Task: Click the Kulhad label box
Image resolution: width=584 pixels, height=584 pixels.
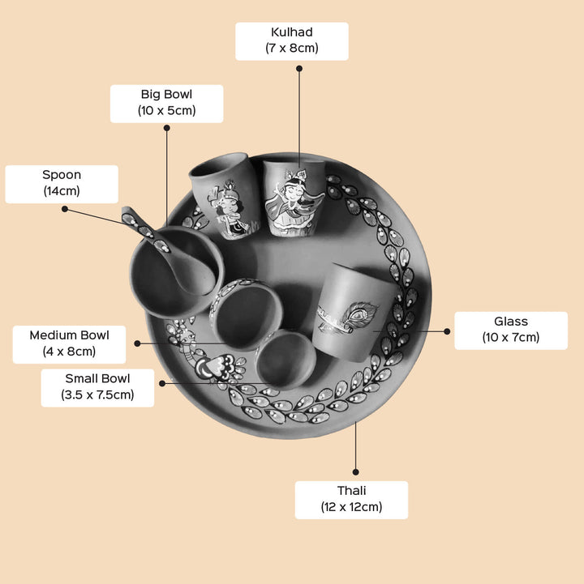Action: (292, 40)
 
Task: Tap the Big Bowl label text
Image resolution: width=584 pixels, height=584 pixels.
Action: (166, 103)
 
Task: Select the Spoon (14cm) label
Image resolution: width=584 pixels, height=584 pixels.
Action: (62, 184)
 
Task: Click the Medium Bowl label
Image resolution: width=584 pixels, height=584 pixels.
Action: (69, 343)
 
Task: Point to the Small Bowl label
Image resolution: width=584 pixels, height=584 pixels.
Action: (97, 387)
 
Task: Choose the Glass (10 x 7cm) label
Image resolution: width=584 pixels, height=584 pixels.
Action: (510, 330)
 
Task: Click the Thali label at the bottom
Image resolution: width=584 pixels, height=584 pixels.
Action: (351, 500)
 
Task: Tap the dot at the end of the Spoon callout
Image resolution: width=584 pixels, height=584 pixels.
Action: (65, 209)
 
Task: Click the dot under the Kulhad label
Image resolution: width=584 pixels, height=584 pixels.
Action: (299, 69)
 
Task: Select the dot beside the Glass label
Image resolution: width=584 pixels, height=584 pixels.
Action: (446, 330)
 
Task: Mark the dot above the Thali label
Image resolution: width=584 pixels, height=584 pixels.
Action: (355, 471)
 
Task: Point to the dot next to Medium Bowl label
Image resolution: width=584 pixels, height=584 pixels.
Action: (137, 343)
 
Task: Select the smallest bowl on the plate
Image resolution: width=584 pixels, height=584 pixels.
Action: (285, 360)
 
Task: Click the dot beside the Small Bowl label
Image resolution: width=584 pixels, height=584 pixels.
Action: (163, 383)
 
